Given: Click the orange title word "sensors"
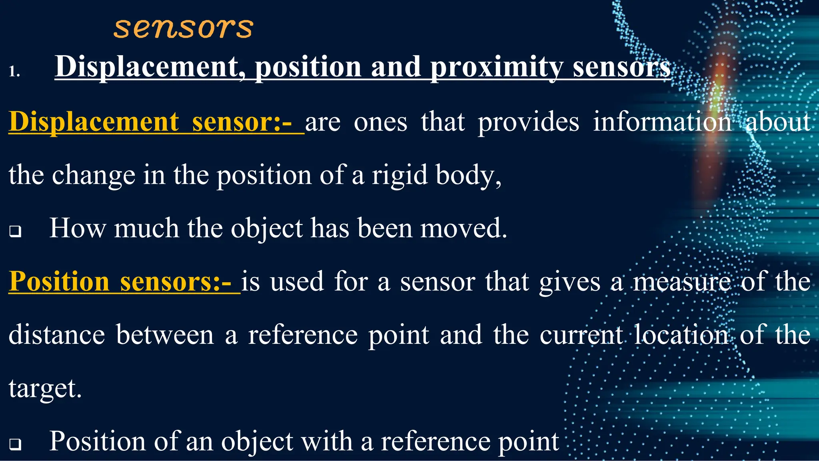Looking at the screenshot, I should pos(183,28).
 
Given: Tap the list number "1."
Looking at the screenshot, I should pos(14,71).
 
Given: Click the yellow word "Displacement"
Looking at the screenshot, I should pos(94,122).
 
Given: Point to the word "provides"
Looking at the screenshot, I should pos(528,122).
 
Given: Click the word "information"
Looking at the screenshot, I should pos(662,122).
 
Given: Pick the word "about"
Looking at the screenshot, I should pos(778,122).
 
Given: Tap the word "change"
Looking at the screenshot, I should pos(94,175).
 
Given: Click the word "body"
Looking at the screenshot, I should pos(465,175).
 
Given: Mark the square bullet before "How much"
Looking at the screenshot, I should pos(15,231).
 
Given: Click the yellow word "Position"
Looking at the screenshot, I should pos(59,281).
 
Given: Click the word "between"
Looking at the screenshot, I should pos(165,335).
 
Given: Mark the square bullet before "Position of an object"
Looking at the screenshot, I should pos(15,444).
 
